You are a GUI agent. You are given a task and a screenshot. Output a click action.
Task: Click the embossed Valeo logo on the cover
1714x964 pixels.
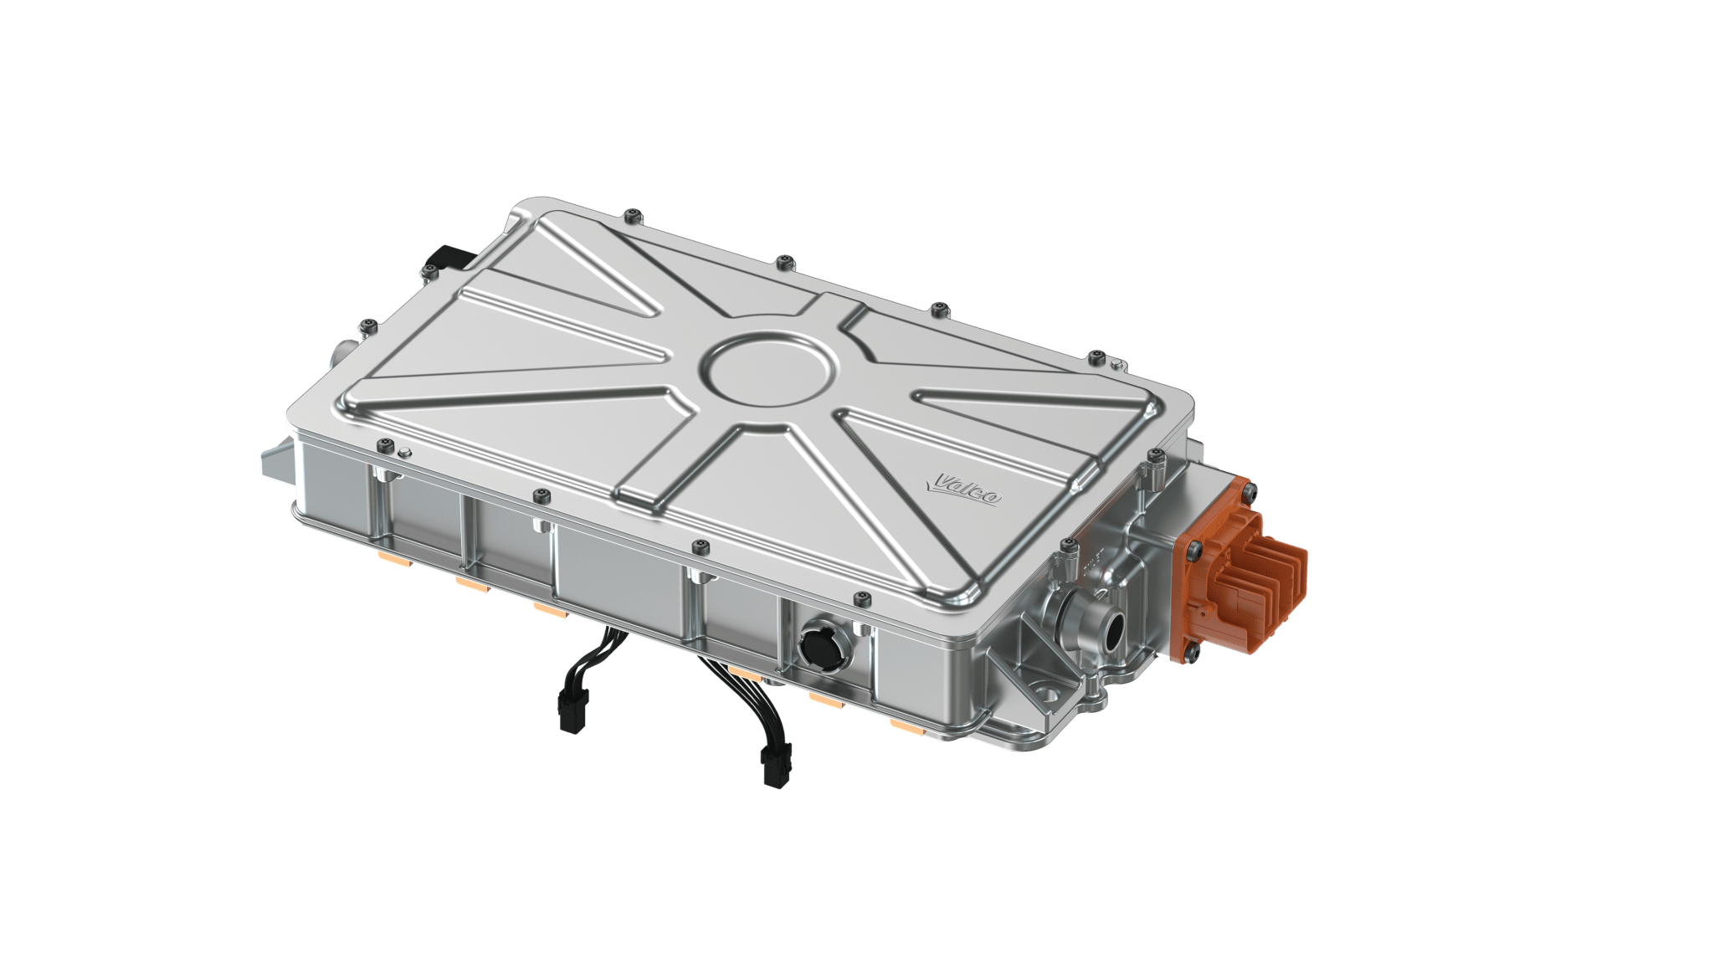coord(967,489)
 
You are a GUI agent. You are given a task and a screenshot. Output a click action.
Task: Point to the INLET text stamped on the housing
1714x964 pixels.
coord(1093,569)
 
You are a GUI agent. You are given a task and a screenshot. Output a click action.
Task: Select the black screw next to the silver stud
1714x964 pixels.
coord(384,444)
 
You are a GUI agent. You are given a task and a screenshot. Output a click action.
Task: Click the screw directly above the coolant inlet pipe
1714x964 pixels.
coord(1066,546)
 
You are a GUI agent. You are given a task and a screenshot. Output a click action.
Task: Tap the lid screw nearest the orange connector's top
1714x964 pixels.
coord(1157,455)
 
